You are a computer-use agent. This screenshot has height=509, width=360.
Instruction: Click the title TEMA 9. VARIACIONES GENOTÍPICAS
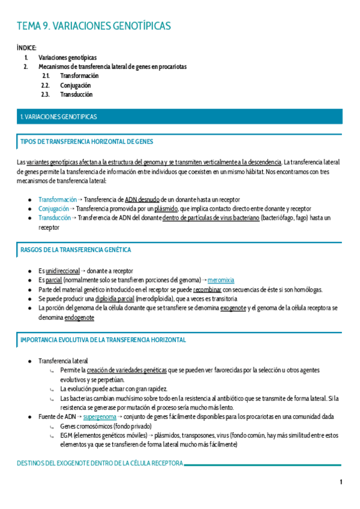(94, 26)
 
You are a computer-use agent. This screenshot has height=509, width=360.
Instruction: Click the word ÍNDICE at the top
(28, 47)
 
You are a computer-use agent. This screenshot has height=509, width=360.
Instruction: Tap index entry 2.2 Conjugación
(76, 85)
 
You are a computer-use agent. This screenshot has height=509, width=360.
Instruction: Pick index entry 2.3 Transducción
(76, 94)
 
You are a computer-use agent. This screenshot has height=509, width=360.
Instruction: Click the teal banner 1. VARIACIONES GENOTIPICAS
(59, 117)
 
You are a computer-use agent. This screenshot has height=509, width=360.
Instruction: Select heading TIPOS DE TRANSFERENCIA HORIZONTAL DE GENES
(87, 142)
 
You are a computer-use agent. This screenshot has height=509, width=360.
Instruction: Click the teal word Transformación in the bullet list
(57, 199)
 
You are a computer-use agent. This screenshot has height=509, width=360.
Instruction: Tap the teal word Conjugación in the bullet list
(53, 209)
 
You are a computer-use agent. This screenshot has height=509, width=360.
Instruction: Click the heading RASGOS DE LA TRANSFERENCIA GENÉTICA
(76, 250)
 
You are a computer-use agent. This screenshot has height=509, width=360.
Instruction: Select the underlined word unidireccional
(62, 271)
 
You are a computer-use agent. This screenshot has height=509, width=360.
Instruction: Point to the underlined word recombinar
(207, 289)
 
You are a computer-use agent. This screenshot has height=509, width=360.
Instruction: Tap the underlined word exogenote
(232, 308)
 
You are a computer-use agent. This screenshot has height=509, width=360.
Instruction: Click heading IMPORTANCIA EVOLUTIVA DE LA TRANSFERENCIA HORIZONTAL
(103, 340)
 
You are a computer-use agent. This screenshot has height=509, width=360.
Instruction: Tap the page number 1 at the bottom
(341, 483)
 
